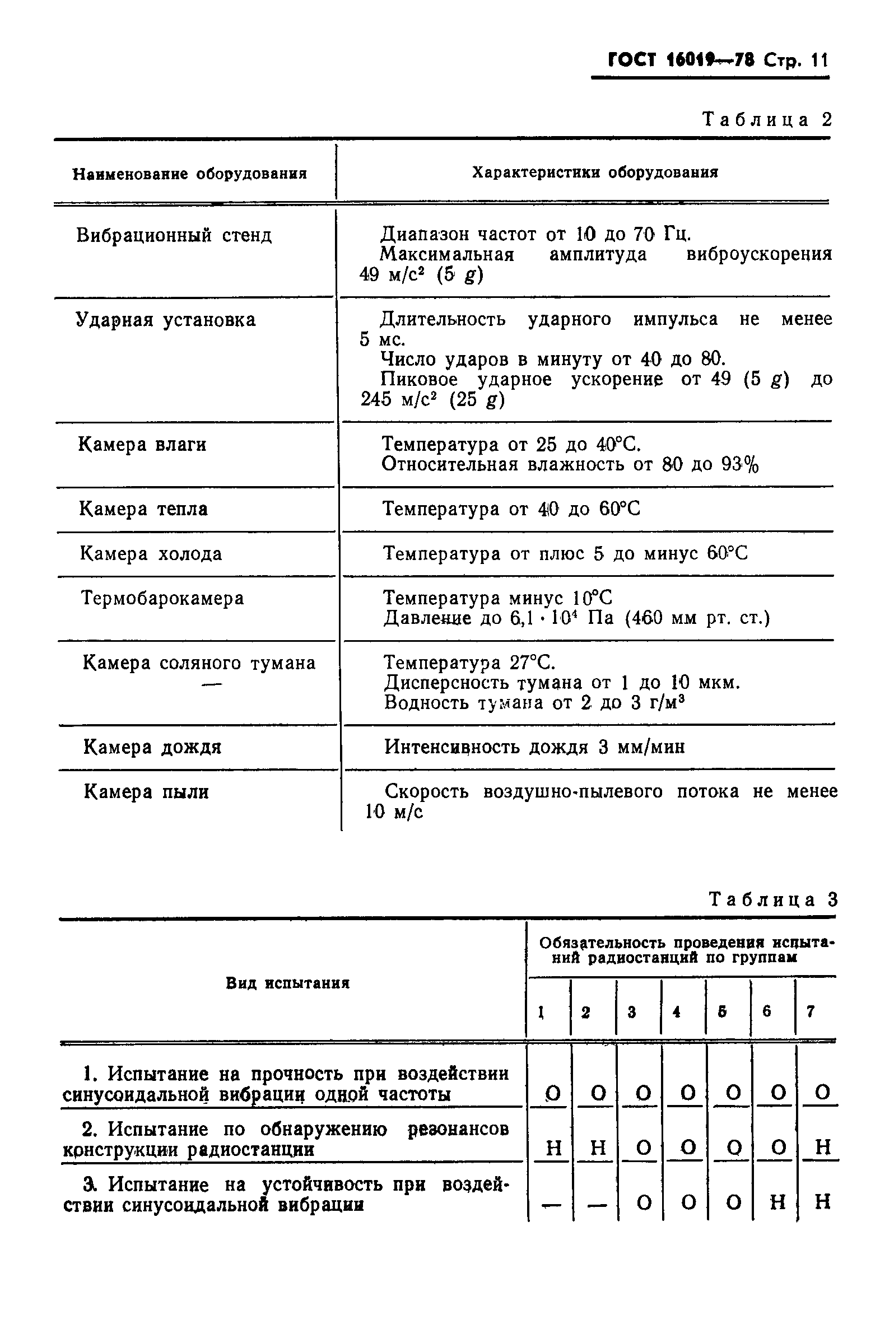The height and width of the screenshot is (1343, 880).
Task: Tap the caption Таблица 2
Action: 766,120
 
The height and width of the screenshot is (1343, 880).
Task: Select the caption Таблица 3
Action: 773,899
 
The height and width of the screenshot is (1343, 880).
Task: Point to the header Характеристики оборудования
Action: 595,172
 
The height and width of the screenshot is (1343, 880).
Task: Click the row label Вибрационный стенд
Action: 174,235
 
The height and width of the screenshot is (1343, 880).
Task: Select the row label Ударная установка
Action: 165,320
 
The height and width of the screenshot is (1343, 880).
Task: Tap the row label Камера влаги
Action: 142,445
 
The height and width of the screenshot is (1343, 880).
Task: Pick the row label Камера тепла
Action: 143,509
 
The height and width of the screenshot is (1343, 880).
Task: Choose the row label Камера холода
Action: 151,553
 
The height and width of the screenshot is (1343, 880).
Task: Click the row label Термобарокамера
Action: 162,598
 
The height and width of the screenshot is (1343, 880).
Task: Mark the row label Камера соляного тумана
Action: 199,663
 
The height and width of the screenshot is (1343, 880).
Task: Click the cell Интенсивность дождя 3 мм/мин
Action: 534,747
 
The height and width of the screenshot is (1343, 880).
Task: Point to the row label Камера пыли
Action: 146,792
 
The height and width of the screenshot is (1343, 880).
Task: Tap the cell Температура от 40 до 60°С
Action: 511,509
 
